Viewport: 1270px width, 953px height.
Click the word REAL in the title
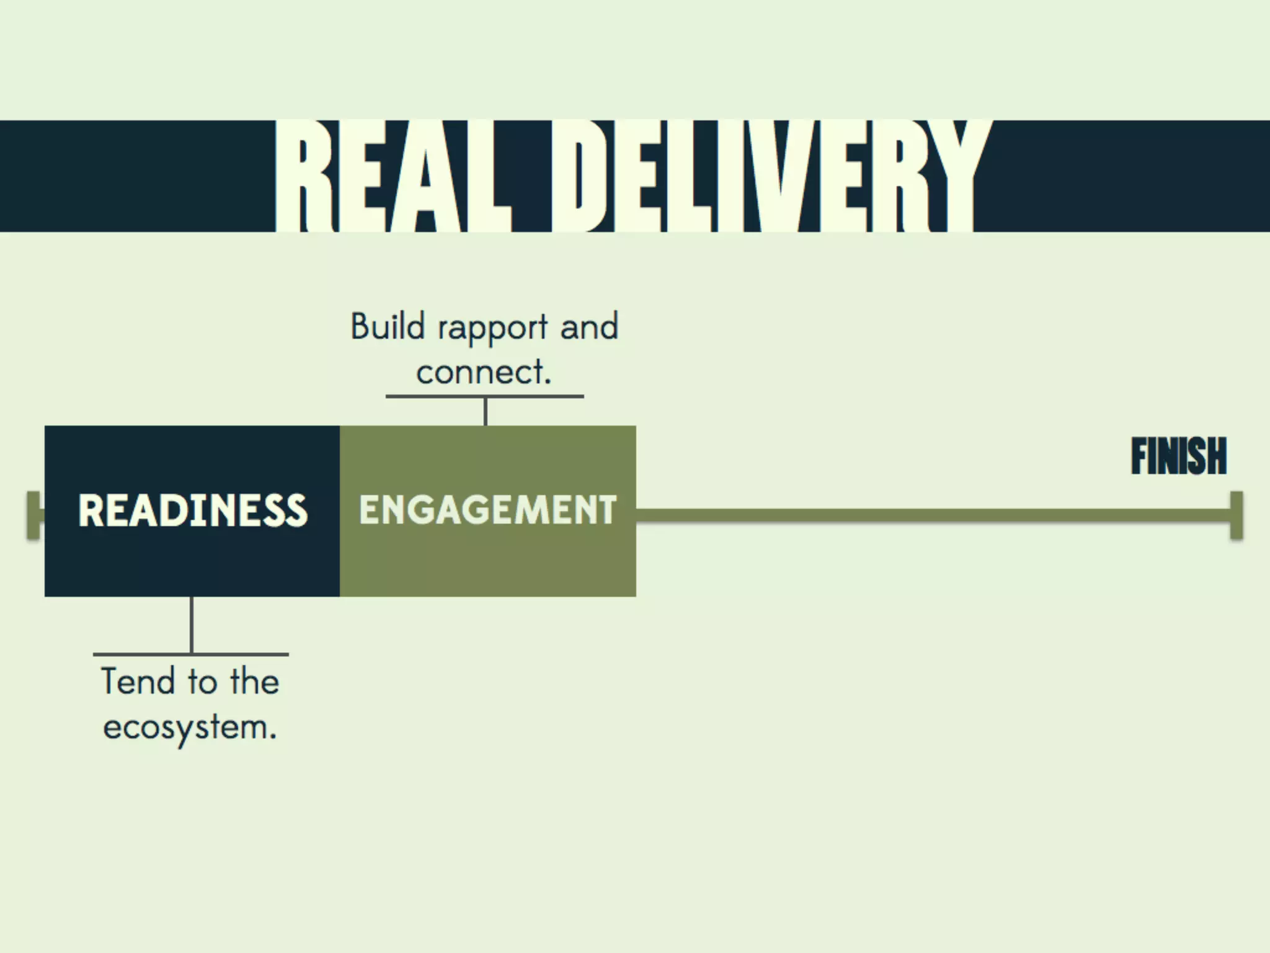(393, 176)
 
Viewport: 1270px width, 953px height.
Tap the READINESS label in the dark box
(192, 511)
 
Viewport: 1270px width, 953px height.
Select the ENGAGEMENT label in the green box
(487, 511)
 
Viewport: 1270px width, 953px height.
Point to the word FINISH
(1178, 457)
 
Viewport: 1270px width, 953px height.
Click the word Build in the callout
(388, 327)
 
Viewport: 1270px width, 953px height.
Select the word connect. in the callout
(484, 372)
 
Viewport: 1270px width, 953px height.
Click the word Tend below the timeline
(138, 681)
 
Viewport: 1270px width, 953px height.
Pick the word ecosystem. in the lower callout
(190, 727)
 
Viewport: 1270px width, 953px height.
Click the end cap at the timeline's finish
(1236, 515)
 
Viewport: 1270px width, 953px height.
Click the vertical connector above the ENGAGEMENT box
(485, 411)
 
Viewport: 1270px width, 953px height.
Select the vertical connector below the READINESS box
(192, 625)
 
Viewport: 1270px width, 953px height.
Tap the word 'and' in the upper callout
(589, 327)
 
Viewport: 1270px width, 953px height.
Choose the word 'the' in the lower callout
(254, 681)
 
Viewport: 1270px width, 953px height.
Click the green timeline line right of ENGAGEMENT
(930, 515)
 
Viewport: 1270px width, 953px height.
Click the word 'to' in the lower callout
(202, 681)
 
